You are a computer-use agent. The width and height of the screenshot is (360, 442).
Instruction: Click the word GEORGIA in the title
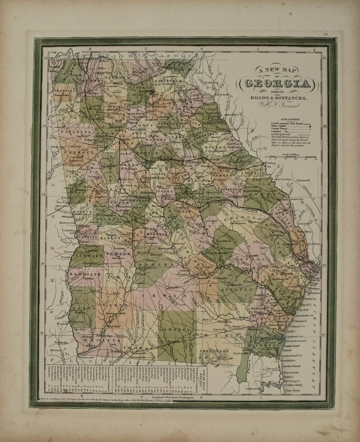277,83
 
